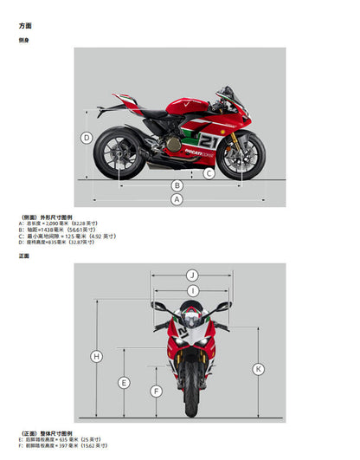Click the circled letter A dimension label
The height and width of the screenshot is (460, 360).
pos(177,199)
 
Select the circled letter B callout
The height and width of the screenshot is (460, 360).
pos(177,185)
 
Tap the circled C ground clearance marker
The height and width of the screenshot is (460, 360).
pos(209,173)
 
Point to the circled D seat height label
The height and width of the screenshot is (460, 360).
pos(87,138)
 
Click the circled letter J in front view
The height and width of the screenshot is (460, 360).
pos(191,275)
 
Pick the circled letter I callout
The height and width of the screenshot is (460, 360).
pos(191,291)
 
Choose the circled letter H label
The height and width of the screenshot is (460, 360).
pos(96,356)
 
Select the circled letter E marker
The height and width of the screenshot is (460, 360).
pos(124,382)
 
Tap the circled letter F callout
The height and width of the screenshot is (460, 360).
pos(156,392)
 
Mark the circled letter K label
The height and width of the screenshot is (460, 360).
pos(258,369)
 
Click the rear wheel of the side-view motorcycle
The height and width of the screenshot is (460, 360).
pos(116,153)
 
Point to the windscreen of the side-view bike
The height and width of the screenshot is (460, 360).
pos(228,95)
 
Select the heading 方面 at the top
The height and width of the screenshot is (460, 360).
pos(25,26)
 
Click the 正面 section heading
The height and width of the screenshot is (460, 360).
pos(23,256)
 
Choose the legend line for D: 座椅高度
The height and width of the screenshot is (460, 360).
pos(56,243)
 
